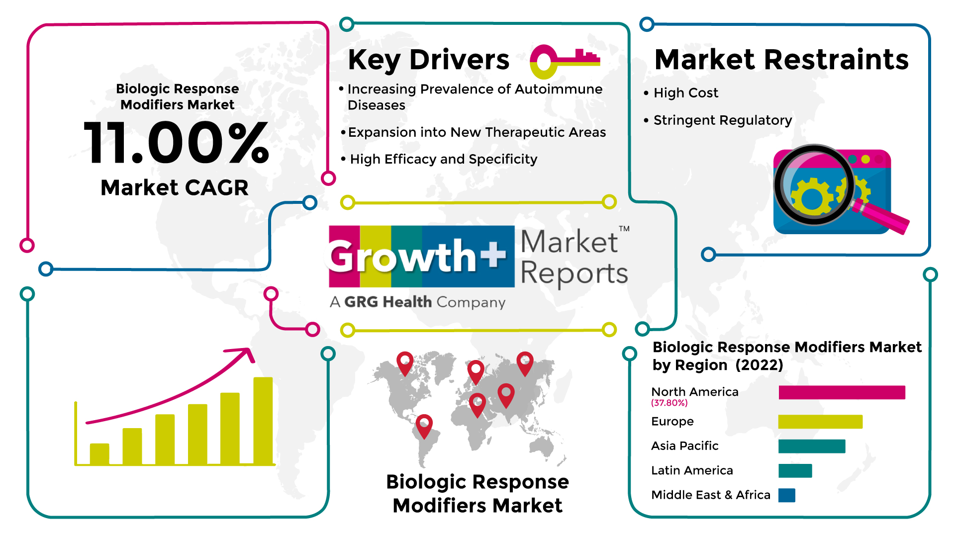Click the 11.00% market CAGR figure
[177, 143]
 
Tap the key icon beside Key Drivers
[565, 62]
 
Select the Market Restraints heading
[781, 60]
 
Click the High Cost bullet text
[685, 93]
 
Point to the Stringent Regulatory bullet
[723, 120]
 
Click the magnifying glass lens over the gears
[814, 184]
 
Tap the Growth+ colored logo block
[422, 257]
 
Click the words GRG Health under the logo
[388, 302]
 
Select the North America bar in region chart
[842, 392]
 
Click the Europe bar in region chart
[820, 422]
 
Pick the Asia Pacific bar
[812, 446]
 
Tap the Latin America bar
[795, 470]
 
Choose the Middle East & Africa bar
[787, 495]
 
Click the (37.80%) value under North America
[669, 403]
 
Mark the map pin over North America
[405, 363]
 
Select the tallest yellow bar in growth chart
[263, 421]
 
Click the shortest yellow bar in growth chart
[99, 454]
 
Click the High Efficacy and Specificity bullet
[444, 159]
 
